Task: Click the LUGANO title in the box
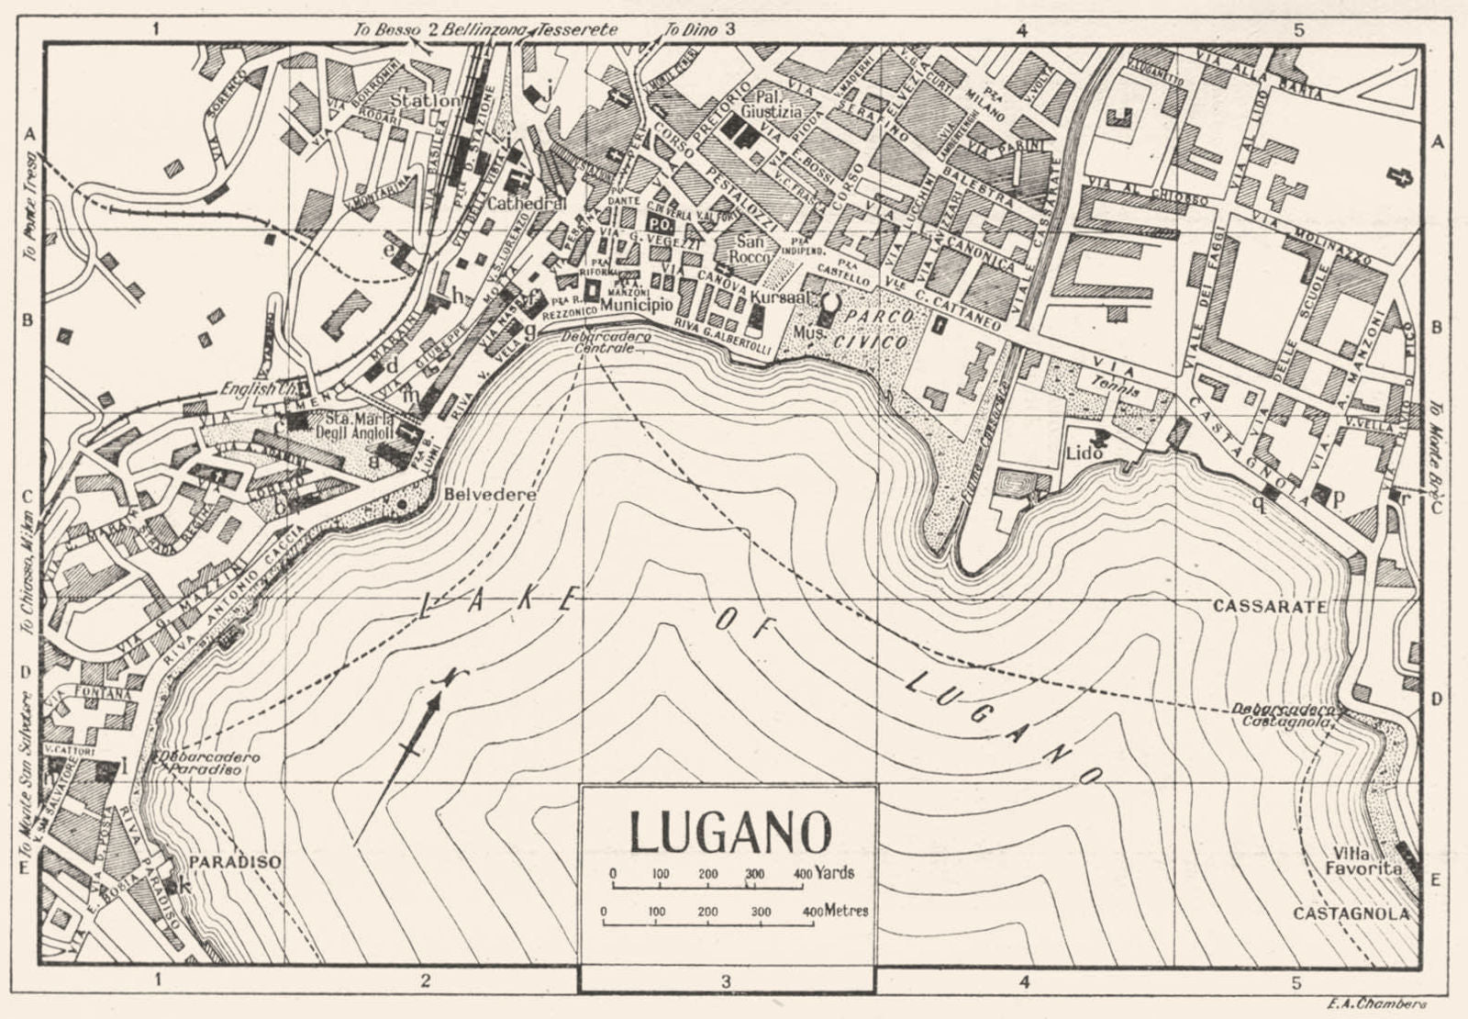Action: point(729,832)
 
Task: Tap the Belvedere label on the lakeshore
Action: point(489,494)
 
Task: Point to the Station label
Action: point(425,99)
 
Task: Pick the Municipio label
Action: point(637,304)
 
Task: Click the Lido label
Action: point(1083,453)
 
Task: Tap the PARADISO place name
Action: point(235,863)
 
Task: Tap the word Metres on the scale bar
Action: point(847,911)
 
